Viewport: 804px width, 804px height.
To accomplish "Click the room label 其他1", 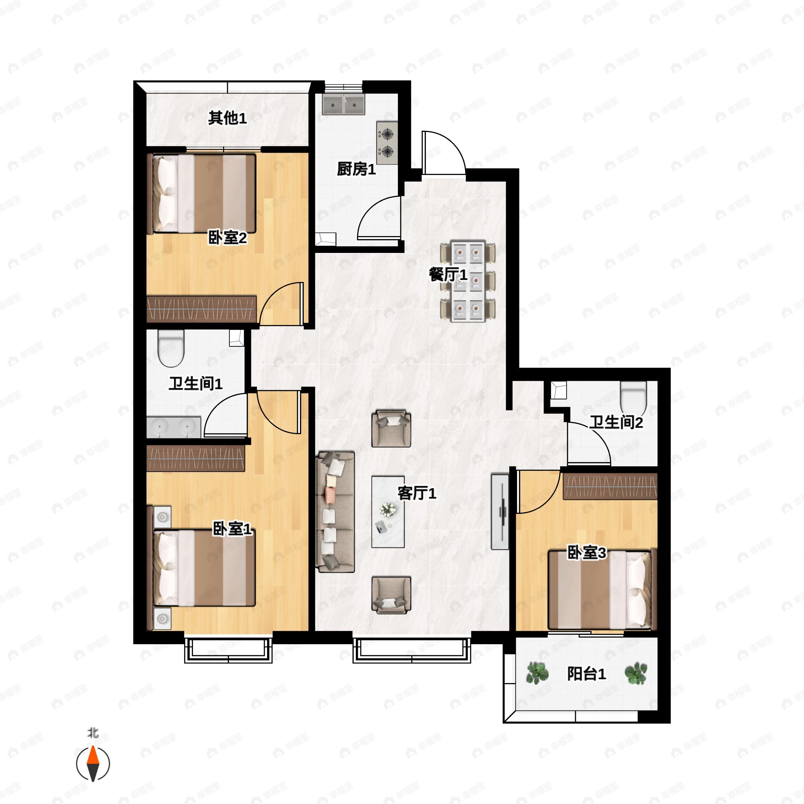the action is pos(227,118).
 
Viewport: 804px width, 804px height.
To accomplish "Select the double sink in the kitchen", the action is pos(343,104).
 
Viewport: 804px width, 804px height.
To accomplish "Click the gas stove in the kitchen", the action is pos(387,143).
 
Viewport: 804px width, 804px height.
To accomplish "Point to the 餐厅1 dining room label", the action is pos(448,275).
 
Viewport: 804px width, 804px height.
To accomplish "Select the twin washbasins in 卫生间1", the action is pos(174,427).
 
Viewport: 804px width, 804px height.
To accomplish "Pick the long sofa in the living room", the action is pos(335,512).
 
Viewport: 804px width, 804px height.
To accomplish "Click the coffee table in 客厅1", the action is pos(388,512).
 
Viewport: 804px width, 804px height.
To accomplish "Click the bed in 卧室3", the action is pos(600,590).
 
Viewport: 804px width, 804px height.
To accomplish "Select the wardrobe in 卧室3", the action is pos(610,486).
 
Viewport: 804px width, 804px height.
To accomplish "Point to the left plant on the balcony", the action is pos(537,673).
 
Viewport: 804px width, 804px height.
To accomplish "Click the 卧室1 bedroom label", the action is pos(232,529).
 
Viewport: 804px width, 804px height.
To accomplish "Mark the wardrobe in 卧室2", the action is pos(201,309).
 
